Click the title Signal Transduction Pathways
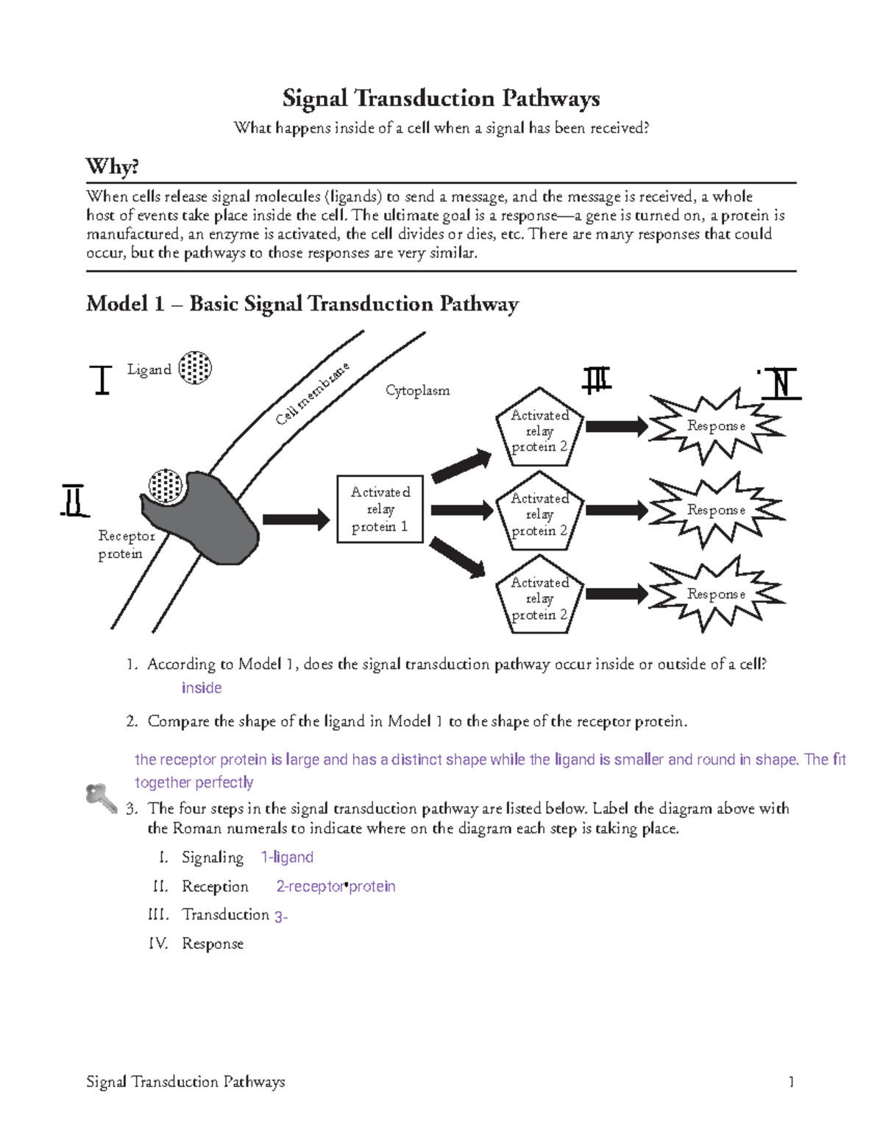(441, 98)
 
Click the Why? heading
(112, 166)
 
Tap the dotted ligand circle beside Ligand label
(196, 367)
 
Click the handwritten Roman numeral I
(102, 380)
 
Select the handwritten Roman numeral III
(597, 380)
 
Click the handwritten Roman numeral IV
(781, 383)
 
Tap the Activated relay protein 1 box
(380, 509)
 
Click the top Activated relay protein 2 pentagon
(540, 430)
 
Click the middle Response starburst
(715, 510)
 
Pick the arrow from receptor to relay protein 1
(296, 520)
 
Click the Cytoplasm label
(417, 391)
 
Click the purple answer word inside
(202, 688)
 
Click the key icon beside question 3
(100, 798)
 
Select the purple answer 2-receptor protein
(336, 887)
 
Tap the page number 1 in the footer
(791, 1082)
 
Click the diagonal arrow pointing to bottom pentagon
(457, 556)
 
